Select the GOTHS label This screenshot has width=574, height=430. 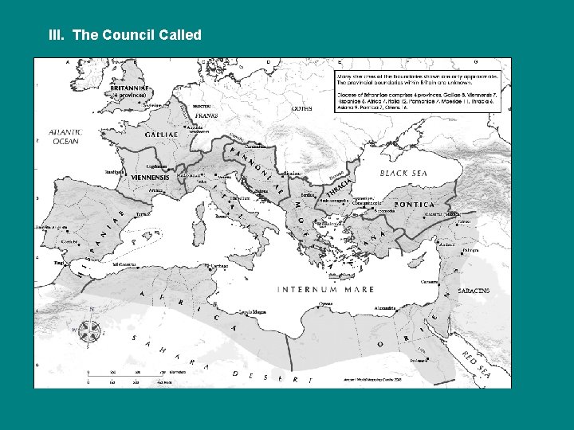coord(302,108)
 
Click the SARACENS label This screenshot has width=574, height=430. coord(473,291)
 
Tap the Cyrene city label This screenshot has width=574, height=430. coord(325,303)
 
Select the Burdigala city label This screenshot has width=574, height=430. coord(114,171)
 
